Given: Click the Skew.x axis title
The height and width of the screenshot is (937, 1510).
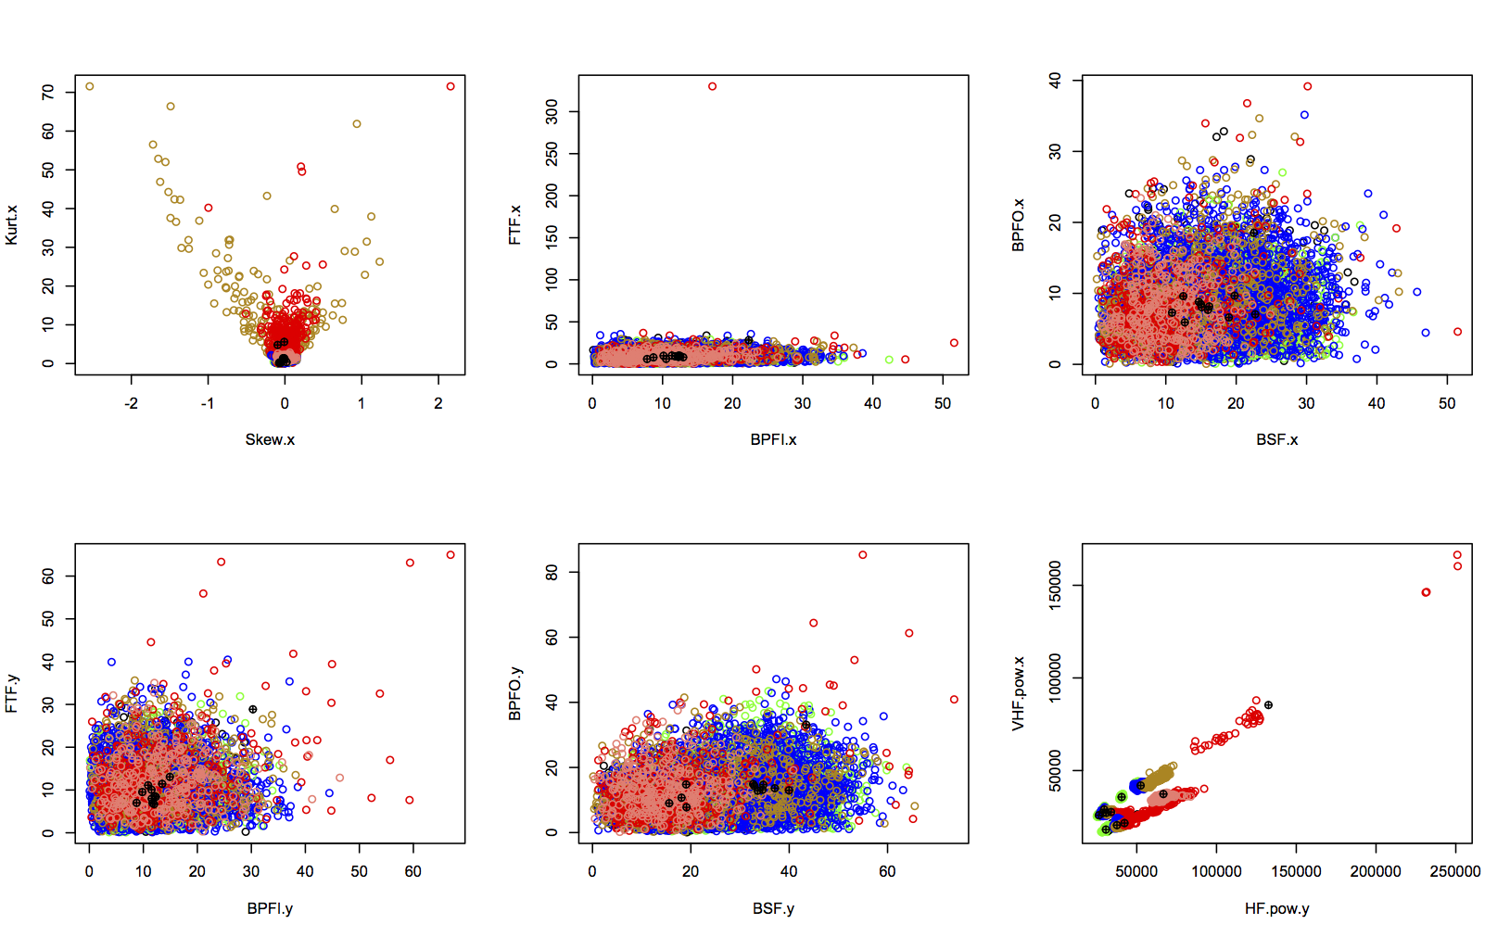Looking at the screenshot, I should point(270,439).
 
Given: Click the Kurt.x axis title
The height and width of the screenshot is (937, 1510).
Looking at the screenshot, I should point(12,225).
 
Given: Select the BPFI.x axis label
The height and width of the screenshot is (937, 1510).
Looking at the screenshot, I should point(773,439).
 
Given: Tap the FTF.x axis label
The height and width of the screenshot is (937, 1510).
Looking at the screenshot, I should point(515,225).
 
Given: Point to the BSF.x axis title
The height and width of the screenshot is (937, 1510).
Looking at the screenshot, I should point(1276,439).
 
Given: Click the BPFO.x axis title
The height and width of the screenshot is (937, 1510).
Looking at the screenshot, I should point(1019,225).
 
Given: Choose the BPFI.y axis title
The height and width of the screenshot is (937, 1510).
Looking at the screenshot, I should point(270,908).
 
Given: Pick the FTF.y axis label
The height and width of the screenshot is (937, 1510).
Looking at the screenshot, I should point(12,693).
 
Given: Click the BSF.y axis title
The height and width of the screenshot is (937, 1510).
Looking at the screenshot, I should point(773,908).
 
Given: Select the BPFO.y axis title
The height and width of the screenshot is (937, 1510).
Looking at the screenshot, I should point(515,693).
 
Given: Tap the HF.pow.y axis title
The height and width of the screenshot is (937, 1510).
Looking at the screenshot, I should point(1276,908).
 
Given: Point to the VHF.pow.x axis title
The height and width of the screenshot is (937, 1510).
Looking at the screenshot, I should point(1019,693).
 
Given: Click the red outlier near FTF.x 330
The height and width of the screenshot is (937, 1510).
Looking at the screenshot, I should point(712,86).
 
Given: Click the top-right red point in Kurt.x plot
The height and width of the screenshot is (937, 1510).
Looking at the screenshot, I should point(450,86).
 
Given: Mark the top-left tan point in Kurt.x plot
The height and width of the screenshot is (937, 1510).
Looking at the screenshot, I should point(90,86).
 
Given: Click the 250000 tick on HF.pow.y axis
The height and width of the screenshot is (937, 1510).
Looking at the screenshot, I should point(1454,871).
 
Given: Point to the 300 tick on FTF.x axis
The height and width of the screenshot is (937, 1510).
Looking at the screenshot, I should point(552,112).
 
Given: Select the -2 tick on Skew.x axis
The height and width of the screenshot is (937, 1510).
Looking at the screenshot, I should point(131,403).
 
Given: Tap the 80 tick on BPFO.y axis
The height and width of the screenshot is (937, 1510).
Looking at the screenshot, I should point(552,573).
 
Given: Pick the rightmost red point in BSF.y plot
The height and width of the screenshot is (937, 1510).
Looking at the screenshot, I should point(954,700).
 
